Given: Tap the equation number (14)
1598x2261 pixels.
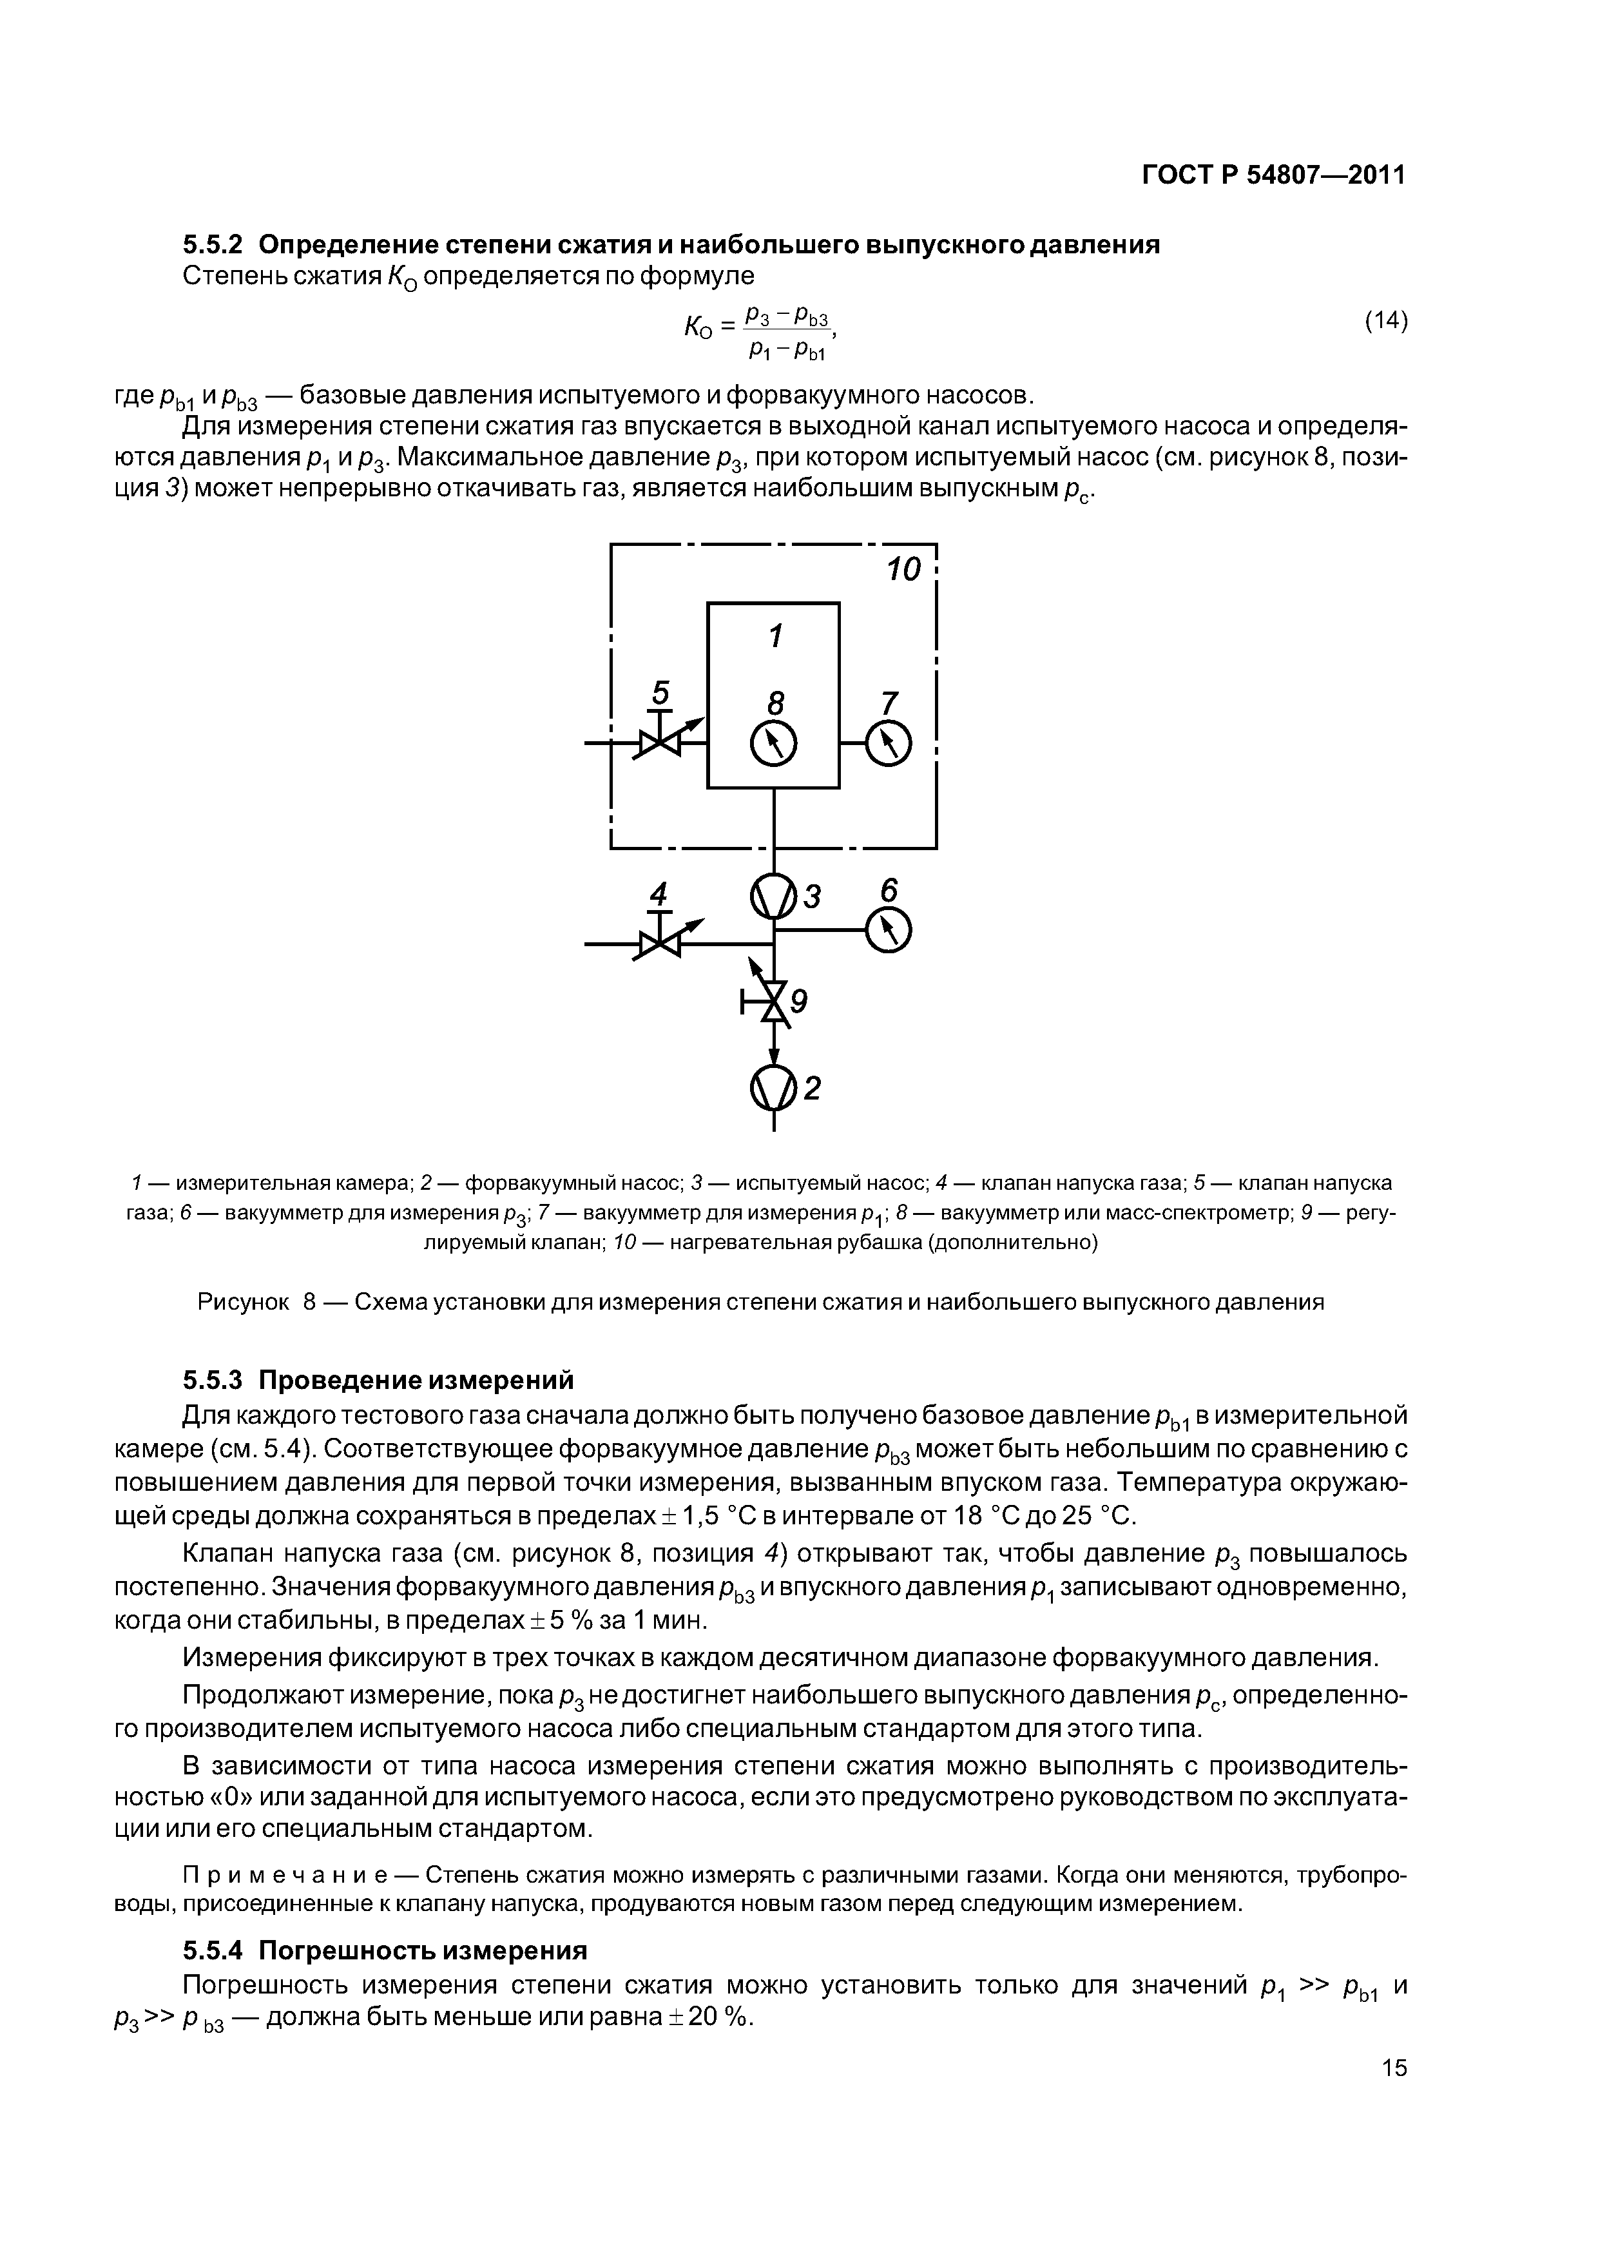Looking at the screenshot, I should [x=1385, y=321].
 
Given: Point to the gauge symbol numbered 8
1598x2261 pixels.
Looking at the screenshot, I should [x=773, y=744].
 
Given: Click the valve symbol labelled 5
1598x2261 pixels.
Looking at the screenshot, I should [x=657, y=744].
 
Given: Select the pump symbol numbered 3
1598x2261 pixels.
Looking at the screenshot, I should [x=774, y=896].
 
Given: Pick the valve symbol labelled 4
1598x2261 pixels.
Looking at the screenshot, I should [x=657, y=944].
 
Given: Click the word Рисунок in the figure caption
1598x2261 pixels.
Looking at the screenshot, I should [x=243, y=1302].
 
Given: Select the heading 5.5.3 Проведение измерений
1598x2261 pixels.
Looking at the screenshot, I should [x=378, y=1377].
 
